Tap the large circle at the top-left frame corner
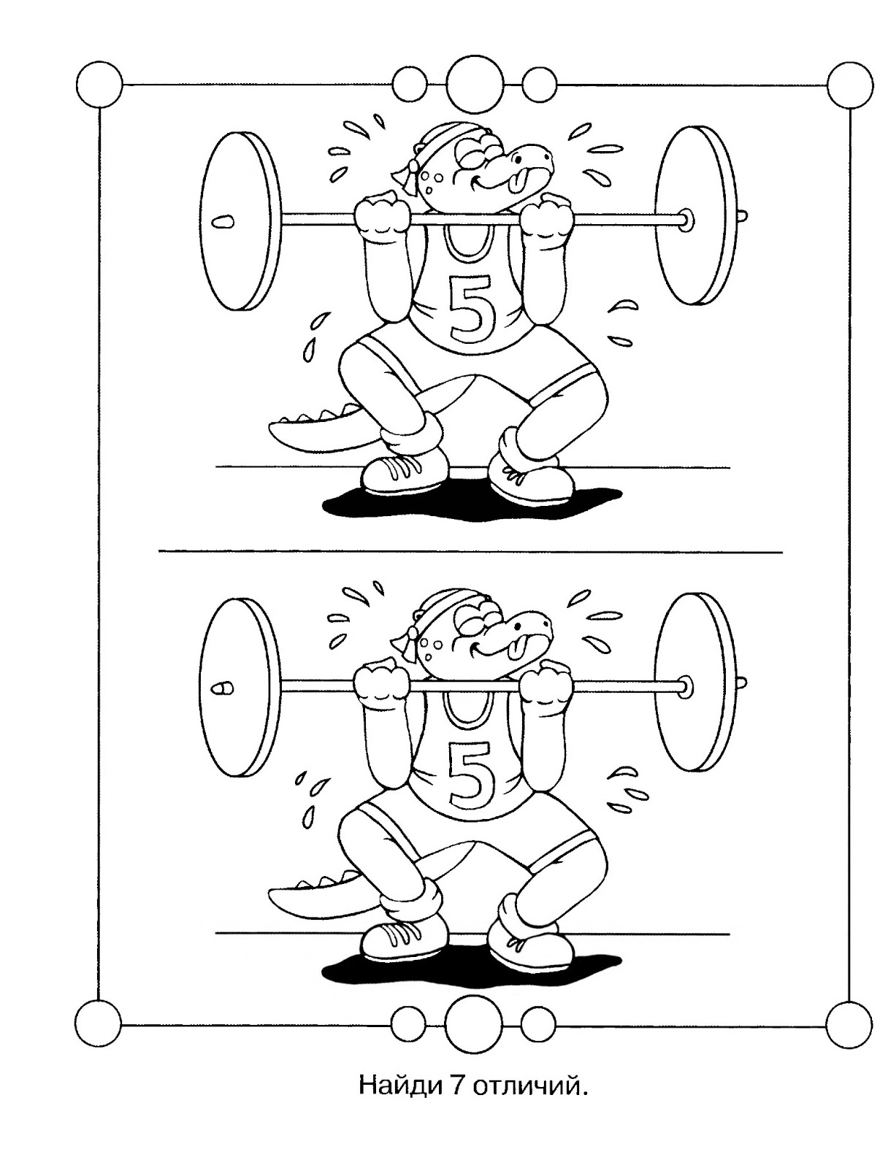99,85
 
